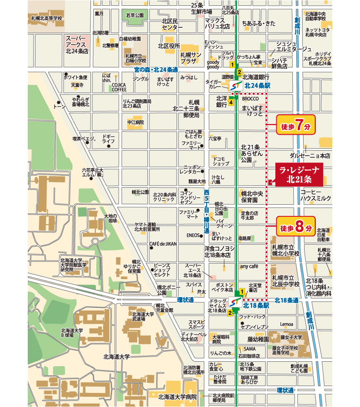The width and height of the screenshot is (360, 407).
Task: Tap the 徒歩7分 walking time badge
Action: click(296, 126)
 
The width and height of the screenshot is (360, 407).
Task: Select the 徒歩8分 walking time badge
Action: click(296, 227)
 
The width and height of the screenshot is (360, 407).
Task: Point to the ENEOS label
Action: click(194, 235)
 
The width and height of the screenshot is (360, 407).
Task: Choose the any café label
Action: click(248, 266)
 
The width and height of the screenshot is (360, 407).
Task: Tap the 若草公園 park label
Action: click(135, 16)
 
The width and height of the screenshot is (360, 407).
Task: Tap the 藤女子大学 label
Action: click(291, 337)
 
